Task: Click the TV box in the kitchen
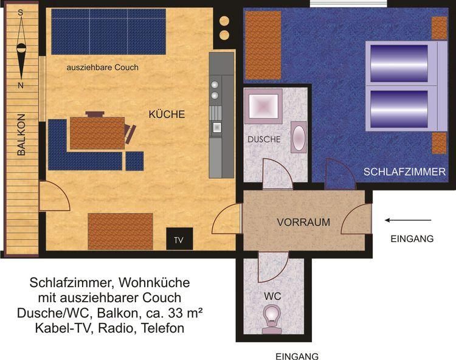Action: (179, 238)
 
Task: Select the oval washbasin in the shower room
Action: (299, 137)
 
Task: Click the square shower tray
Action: (263, 106)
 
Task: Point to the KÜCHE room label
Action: (167, 114)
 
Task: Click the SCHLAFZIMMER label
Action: (404, 171)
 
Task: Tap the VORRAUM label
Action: (303, 222)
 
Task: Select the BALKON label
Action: (21, 134)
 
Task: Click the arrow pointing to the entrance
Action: (408, 220)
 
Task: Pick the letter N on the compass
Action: (20, 86)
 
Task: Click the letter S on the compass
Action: (20, 13)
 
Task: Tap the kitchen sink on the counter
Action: (217, 127)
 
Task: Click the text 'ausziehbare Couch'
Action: (102, 67)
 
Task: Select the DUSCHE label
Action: (264, 139)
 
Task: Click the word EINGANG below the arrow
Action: (412, 239)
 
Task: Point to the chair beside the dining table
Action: (130, 134)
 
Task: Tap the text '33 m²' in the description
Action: (185, 313)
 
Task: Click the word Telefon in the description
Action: (162, 328)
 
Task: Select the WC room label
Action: (272, 296)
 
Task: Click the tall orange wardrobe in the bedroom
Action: (263, 46)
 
